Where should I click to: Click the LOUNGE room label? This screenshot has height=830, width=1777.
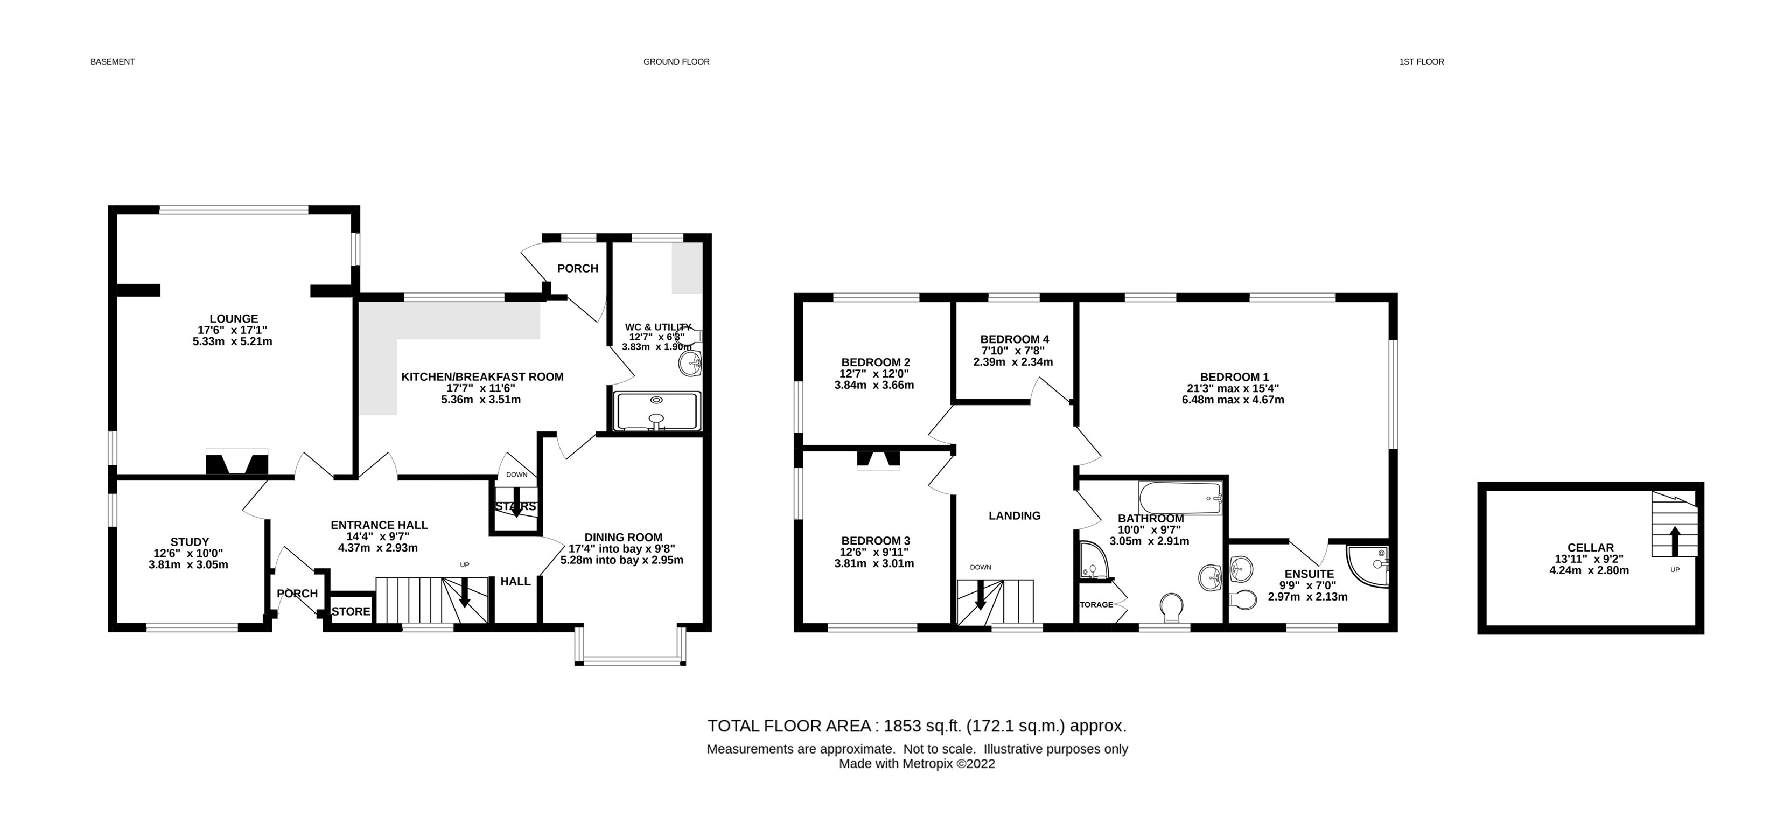(x=234, y=319)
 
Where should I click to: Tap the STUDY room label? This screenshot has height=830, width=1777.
(x=190, y=542)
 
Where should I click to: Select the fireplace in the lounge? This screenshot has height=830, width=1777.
(x=236, y=463)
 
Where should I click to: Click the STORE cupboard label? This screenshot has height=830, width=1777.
(x=351, y=611)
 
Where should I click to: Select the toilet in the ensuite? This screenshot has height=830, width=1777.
(x=1242, y=599)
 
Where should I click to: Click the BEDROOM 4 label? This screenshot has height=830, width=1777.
(x=1014, y=339)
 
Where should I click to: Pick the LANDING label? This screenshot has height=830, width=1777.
(x=1014, y=515)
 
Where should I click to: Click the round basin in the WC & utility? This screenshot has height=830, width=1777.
(x=690, y=363)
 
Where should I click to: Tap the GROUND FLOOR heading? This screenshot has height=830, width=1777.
(x=676, y=61)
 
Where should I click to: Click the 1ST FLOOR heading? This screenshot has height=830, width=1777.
(x=1421, y=61)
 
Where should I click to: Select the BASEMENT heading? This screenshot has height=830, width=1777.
(x=113, y=61)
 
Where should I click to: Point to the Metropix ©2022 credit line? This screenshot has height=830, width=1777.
(x=917, y=764)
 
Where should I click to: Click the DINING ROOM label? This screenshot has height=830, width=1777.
(x=623, y=537)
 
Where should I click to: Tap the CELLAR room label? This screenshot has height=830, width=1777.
(x=1590, y=547)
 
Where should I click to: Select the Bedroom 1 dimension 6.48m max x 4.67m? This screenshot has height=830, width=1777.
(x=1233, y=400)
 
